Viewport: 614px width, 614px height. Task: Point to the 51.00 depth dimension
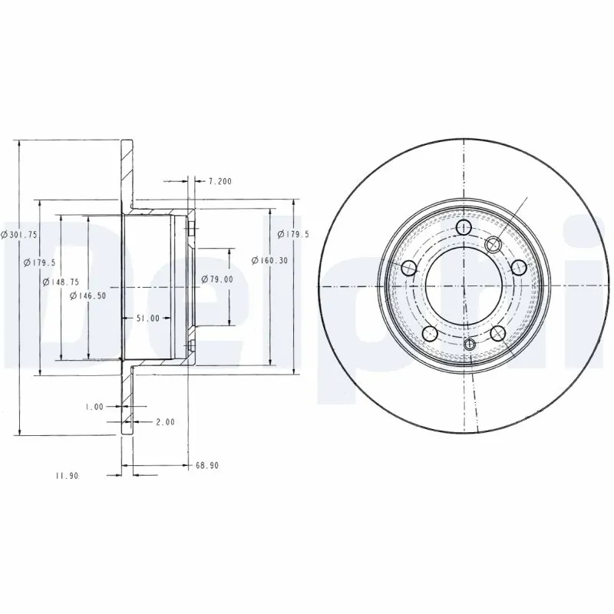click(x=148, y=318)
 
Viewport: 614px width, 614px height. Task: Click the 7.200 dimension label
click(x=220, y=182)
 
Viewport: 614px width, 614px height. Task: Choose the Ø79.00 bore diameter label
click(x=217, y=279)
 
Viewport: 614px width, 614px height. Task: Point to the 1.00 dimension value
click(x=94, y=407)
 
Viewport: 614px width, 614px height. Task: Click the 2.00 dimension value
click(x=165, y=421)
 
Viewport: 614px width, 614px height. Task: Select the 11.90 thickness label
click(x=66, y=476)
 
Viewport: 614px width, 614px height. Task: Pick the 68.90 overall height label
click(x=208, y=465)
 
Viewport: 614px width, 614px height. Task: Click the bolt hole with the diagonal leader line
click(x=494, y=244)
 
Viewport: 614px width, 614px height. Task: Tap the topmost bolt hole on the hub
click(x=464, y=228)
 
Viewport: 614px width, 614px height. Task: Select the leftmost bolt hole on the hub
click(x=409, y=267)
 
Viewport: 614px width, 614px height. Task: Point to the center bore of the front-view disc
click(x=464, y=286)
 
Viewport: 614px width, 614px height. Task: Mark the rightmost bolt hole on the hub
click(x=519, y=267)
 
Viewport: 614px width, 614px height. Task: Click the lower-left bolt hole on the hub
click(x=430, y=333)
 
